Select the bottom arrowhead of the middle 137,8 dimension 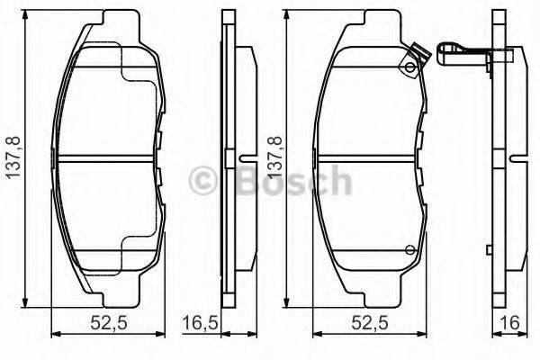[285, 301]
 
